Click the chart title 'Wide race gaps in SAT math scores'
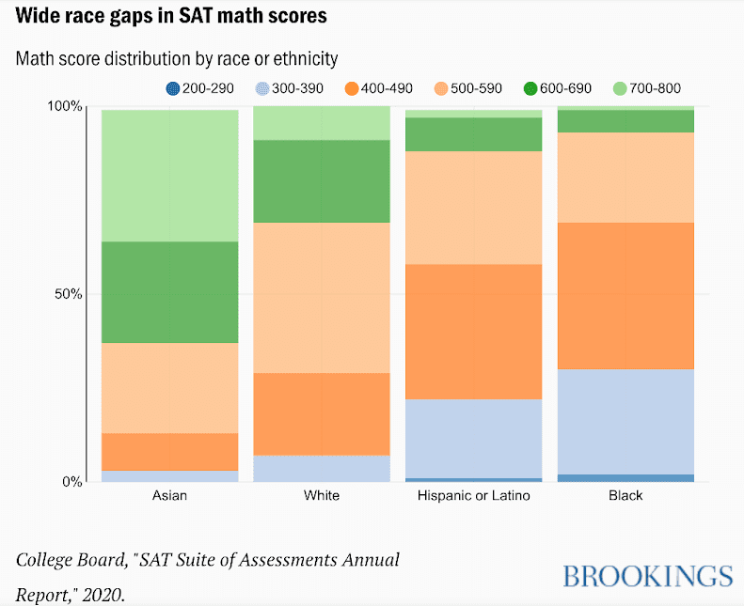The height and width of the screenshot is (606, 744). coord(171,17)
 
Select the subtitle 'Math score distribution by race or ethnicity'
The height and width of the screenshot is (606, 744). coord(176,58)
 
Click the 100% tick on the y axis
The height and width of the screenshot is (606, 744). coord(65,106)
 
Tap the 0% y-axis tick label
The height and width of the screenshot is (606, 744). coord(72,482)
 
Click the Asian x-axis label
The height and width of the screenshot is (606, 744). coord(169,495)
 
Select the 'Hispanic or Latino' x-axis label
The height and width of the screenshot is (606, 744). coord(473,495)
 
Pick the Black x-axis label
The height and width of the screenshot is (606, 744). coord(625,495)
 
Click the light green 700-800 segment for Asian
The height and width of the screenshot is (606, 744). coord(169,176)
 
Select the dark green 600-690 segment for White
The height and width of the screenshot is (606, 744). coord(322,181)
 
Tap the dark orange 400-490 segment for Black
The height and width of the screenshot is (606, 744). coord(625,295)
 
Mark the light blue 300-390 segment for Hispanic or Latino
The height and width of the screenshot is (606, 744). coord(473,438)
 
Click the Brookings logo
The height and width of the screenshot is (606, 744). coord(647,575)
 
